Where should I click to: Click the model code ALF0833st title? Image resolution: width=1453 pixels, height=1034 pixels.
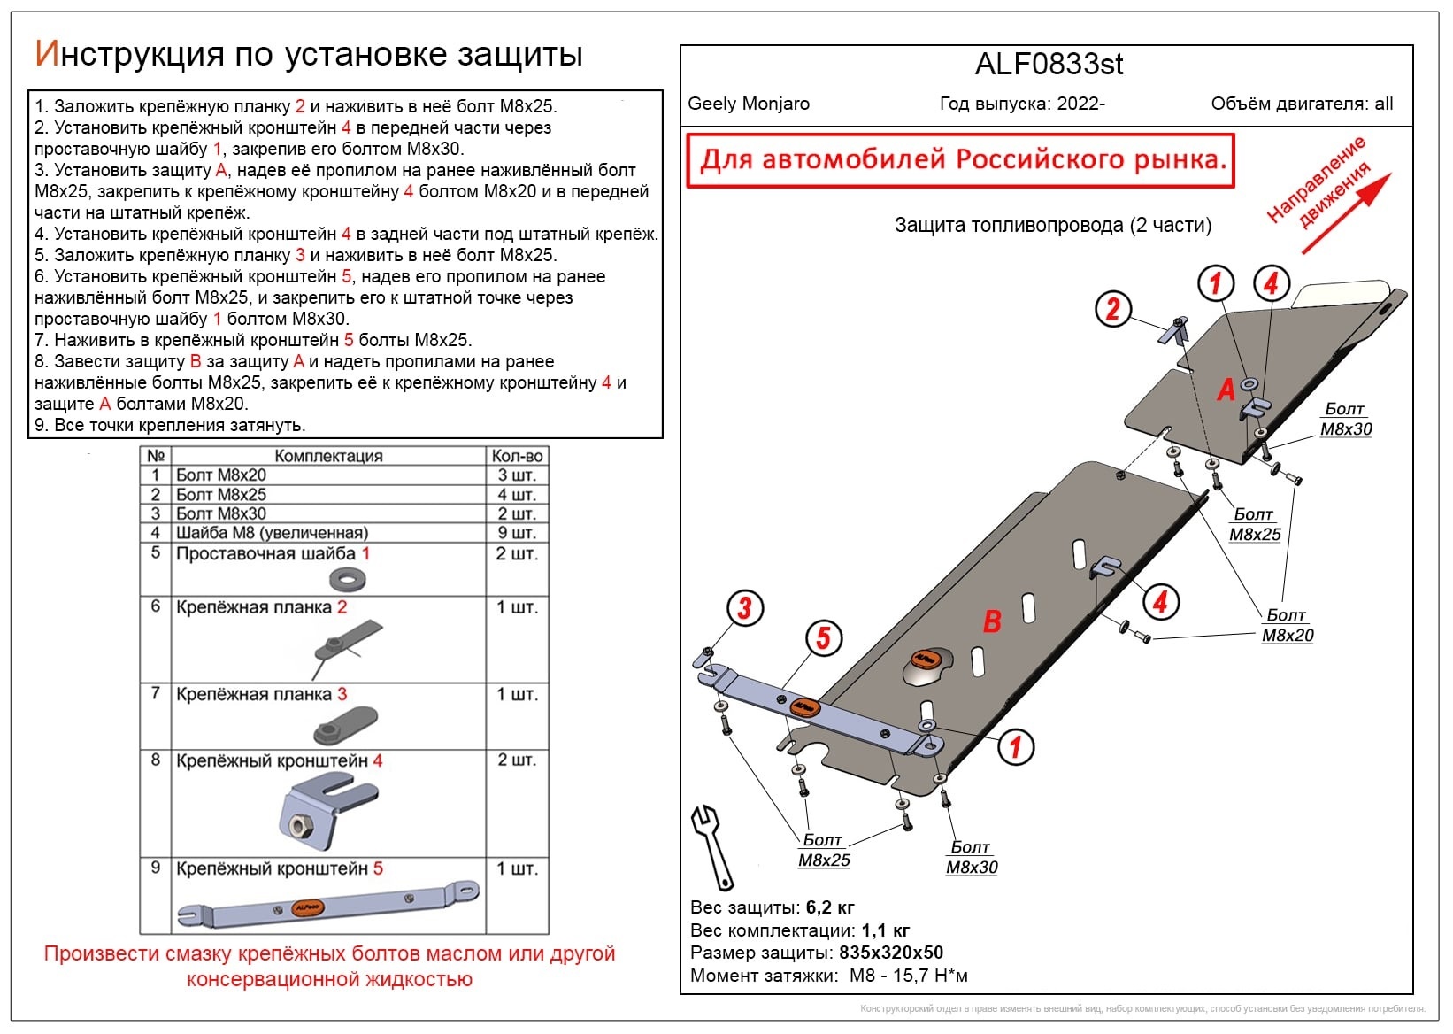pyautogui.click(x=1049, y=65)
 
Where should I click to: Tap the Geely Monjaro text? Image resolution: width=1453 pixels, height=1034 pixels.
pyautogui.click(x=749, y=104)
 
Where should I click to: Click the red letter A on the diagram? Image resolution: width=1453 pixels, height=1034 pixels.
pyautogui.click(x=1226, y=390)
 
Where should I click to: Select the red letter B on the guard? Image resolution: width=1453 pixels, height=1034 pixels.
pyautogui.click(x=992, y=621)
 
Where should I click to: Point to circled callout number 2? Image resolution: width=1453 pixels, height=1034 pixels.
pyautogui.click(x=1112, y=309)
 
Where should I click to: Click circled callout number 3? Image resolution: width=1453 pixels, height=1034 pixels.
pyautogui.click(x=744, y=608)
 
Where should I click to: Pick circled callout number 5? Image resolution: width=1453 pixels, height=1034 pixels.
pyautogui.click(x=823, y=637)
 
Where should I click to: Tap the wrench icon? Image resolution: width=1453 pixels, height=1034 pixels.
pyautogui.click(x=711, y=845)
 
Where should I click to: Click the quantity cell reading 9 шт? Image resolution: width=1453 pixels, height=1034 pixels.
pyautogui.click(x=517, y=533)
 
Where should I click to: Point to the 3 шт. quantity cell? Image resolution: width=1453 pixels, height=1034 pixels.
pyautogui.click(x=517, y=475)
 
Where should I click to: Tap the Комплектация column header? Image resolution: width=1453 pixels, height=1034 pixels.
pyautogui.click(x=328, y=456)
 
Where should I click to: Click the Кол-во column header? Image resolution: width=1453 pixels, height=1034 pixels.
pyautogui.click(x=517, y=456)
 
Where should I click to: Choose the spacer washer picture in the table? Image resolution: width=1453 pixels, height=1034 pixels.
pyautogui.click(x=348, y=579)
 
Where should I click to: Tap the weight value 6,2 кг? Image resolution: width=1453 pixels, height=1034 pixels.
pyautogui.click(x=830, y=907)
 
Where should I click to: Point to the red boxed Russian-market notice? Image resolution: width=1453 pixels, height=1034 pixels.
pyautogui.click(x=961, y=160)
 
